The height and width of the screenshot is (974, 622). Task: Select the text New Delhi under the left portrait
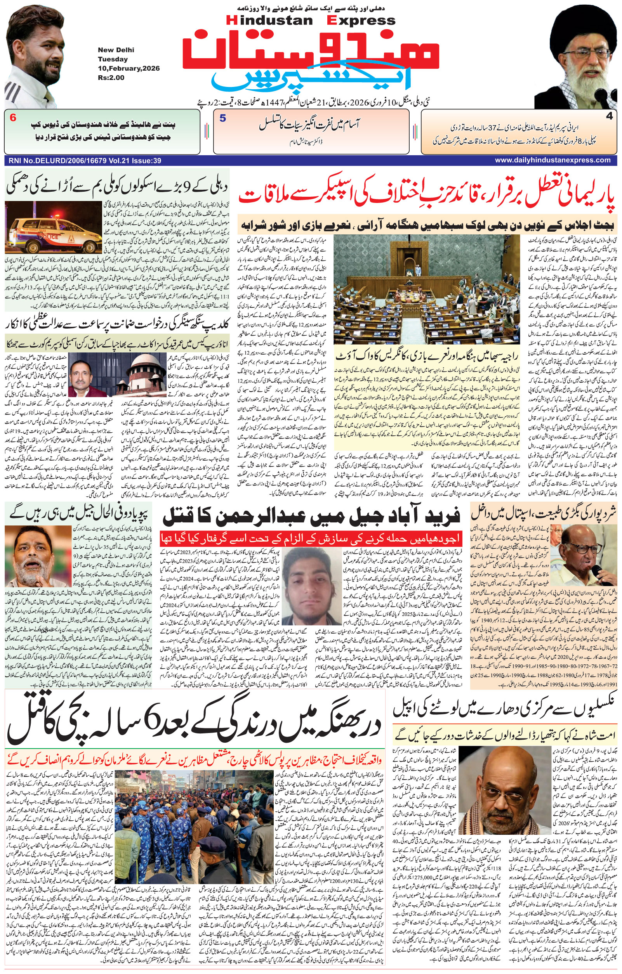coord(116,50)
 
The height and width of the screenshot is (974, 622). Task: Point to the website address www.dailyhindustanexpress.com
coord(553,160)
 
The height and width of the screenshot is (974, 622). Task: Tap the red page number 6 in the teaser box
coord(13,118)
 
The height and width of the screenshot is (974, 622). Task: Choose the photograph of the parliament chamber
coord(427,287)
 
